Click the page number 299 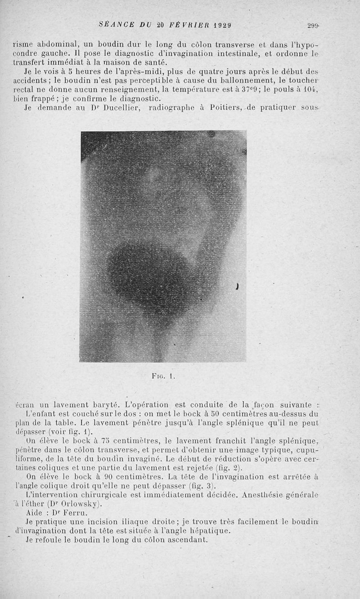point(313,26)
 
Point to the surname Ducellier point(118,108)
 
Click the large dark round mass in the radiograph point(144,275)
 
